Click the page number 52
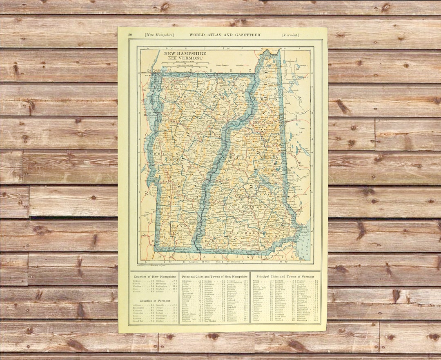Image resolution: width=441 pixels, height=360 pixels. [130, 35]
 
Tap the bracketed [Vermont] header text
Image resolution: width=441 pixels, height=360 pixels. [290, 35]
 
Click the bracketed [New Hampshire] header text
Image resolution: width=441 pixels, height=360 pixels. [159, 35]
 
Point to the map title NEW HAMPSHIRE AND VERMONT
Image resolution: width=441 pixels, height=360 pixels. [185, 56]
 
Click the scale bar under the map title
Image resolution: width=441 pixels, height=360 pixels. [185, 63]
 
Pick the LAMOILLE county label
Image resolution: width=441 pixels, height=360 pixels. [189, 104]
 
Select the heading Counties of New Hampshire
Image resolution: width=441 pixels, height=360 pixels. [155, 276]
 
